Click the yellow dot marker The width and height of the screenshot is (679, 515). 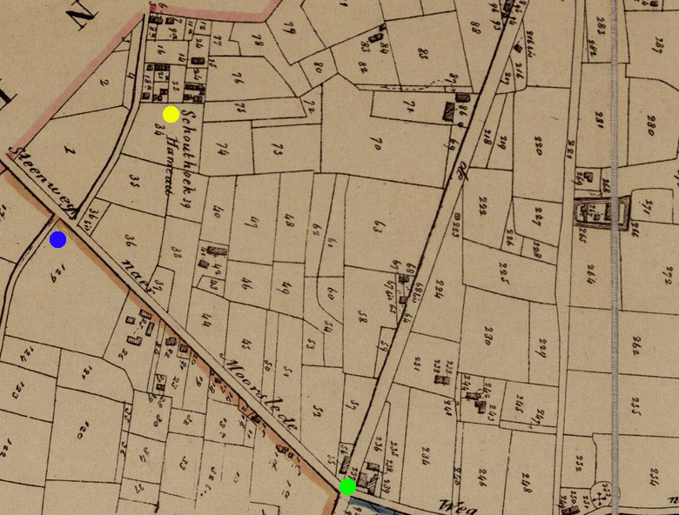pyautogui.click(x=171, y=114)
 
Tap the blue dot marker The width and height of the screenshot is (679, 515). pyautogui.click(x=58, y=239)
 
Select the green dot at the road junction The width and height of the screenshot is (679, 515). pyautogui.click(x=347, y=486)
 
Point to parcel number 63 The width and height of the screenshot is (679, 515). pyautogui.click(x=378, y=228)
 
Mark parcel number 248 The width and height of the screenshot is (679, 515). pyautogui.click(x=527, y=479)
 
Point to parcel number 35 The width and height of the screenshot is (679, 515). pyautogui.click(x=135, y=183)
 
